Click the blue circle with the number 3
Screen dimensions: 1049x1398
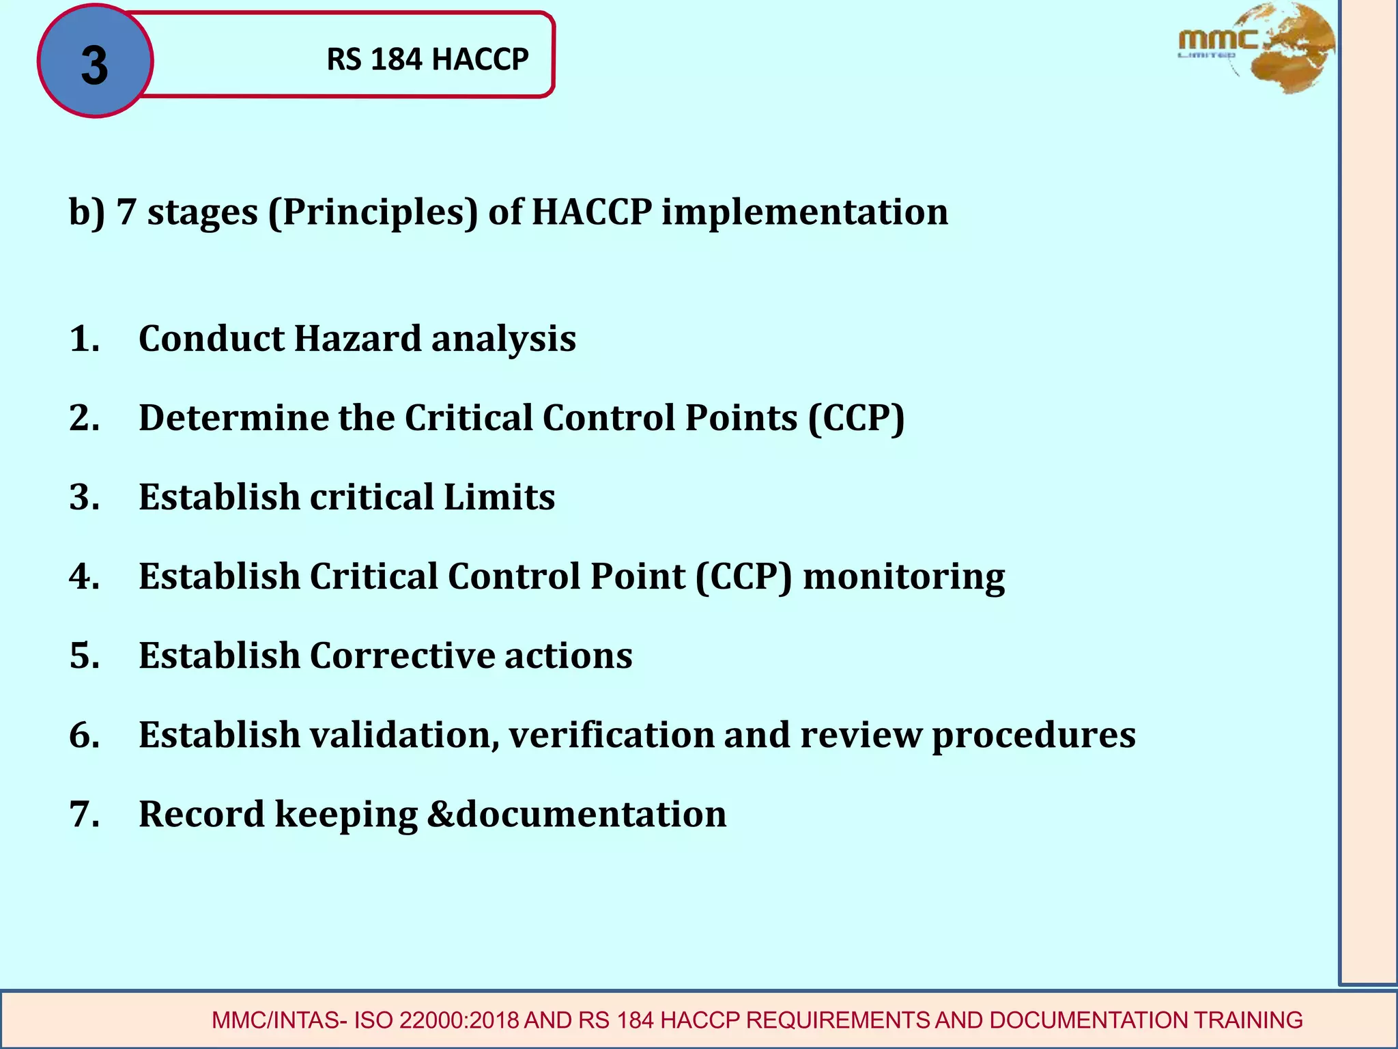(95, 61)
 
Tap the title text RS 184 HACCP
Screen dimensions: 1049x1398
(427, 59)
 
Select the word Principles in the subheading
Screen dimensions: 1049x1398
(373, 212)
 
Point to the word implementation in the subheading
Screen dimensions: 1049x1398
(805, 212)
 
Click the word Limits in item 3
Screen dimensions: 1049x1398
(499, 496)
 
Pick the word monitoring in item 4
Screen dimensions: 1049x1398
(903, 577)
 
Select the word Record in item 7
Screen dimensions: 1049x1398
(201, 814)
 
